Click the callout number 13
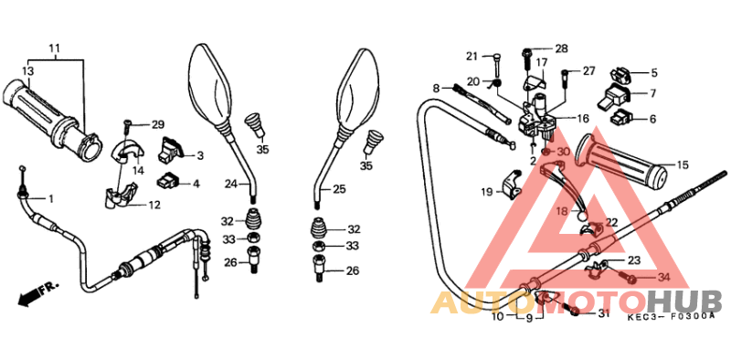[x=28, y=70]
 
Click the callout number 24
[x=232, y=184]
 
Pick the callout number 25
[x=338, y=189]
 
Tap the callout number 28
[x=561, y=48]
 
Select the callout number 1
[x=51, y=198]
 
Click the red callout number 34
[x=663, y=277]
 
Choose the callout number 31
[x=603, y=314]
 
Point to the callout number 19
[x=486, y=192]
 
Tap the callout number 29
[x=158, y=124]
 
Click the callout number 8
[x=437, y=87]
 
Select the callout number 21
[x=471, y=56]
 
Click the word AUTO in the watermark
[x=476, y=302]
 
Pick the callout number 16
[x=582, y=119]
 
